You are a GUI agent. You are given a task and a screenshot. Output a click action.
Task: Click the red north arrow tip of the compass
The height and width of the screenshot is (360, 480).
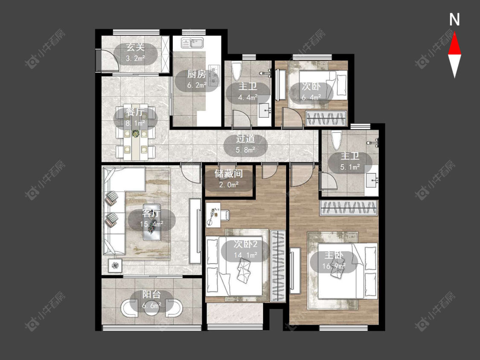pos(454,33)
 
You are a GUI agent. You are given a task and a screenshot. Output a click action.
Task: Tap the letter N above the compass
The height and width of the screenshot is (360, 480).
pos(454,20)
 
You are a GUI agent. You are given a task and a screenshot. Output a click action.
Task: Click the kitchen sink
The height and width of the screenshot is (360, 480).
pos(192,43)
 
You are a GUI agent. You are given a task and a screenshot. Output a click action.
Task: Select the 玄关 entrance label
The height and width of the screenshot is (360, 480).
pos(135,47)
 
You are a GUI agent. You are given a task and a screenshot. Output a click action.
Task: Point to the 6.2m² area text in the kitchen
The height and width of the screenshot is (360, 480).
pos(197,85)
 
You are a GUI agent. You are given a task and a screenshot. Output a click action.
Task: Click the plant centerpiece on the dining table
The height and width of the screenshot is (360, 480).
pos(136,134)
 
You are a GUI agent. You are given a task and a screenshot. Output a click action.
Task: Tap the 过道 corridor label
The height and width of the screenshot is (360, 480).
pos(245,139)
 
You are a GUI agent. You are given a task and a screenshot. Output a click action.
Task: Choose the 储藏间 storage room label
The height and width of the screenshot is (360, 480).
pos(229,174)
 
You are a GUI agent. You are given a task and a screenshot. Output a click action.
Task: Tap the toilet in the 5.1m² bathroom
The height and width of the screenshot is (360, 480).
pos(337,140)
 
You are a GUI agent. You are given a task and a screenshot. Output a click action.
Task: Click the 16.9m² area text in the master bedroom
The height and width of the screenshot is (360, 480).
pos(334,266)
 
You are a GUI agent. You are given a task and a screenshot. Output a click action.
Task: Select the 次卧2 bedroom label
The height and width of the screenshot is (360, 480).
pos(245,244)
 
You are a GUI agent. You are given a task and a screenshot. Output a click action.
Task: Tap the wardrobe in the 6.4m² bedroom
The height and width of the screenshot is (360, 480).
pos(326,118)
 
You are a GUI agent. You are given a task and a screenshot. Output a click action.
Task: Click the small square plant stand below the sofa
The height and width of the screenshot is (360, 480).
pos(115,265)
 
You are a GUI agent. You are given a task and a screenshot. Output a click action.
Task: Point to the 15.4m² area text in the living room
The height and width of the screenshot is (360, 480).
pos(151,224)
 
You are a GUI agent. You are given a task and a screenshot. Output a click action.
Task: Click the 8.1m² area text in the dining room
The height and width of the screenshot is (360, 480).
pos(135,123)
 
